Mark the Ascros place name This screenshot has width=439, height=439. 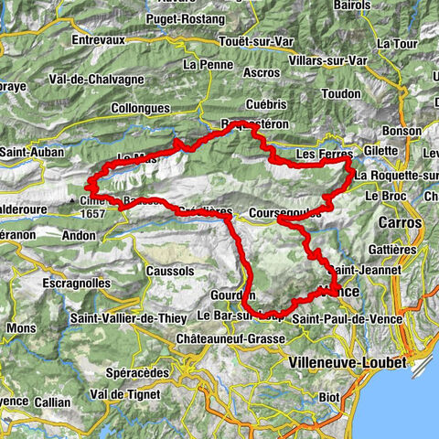pos(265,71)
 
